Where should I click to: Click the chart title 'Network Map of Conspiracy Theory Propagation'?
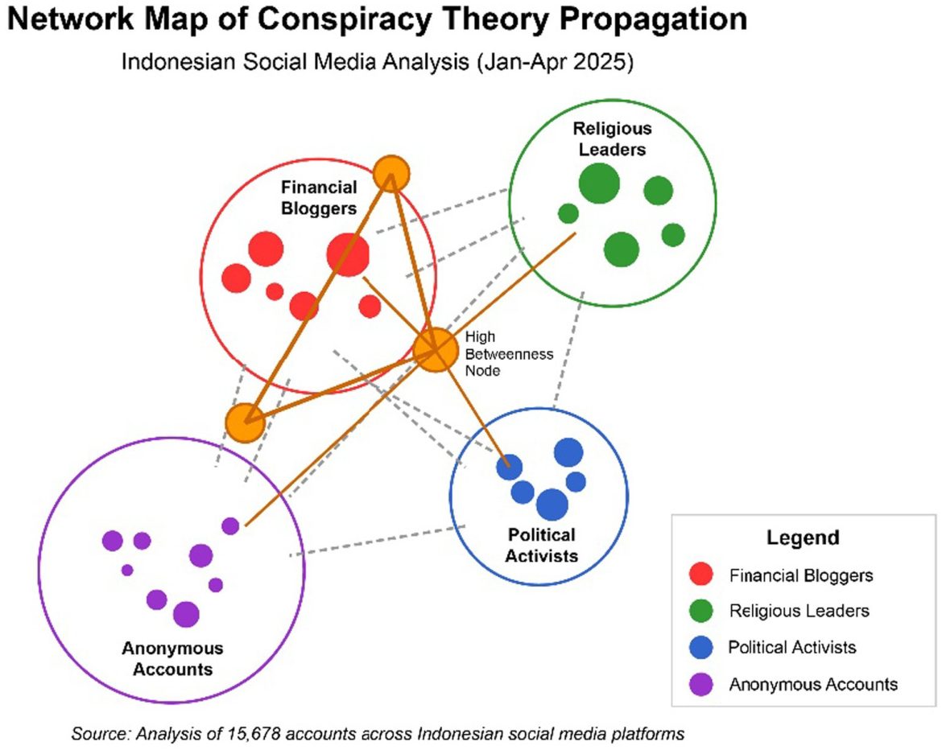pos(377,20)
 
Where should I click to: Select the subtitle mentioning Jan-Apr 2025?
pos(378,63)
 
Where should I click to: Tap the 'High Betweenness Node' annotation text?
pos(509,354)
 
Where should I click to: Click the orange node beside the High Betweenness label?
pos(435,350)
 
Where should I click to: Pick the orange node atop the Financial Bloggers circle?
pos(391,172)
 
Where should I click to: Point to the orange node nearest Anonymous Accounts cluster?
pos(245,422)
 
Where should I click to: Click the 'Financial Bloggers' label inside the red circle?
pos(319,198)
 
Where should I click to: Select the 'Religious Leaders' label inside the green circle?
pos(612,138)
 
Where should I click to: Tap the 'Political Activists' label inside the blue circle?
pos(542,545)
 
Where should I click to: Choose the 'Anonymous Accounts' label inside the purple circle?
pos(172,658)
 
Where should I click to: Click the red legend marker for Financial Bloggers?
pos(701,575)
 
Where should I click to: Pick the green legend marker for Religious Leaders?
pos(701,611)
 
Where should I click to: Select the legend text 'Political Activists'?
pos(792,647)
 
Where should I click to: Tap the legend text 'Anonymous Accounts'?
pos(812,684)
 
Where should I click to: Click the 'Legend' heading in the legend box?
pos(802,538)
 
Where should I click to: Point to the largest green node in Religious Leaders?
pos(599,184)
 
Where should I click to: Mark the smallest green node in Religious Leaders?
pos(568,213)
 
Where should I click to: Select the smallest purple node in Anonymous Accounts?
pos(127,570)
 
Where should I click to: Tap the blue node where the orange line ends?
pos(509,466)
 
